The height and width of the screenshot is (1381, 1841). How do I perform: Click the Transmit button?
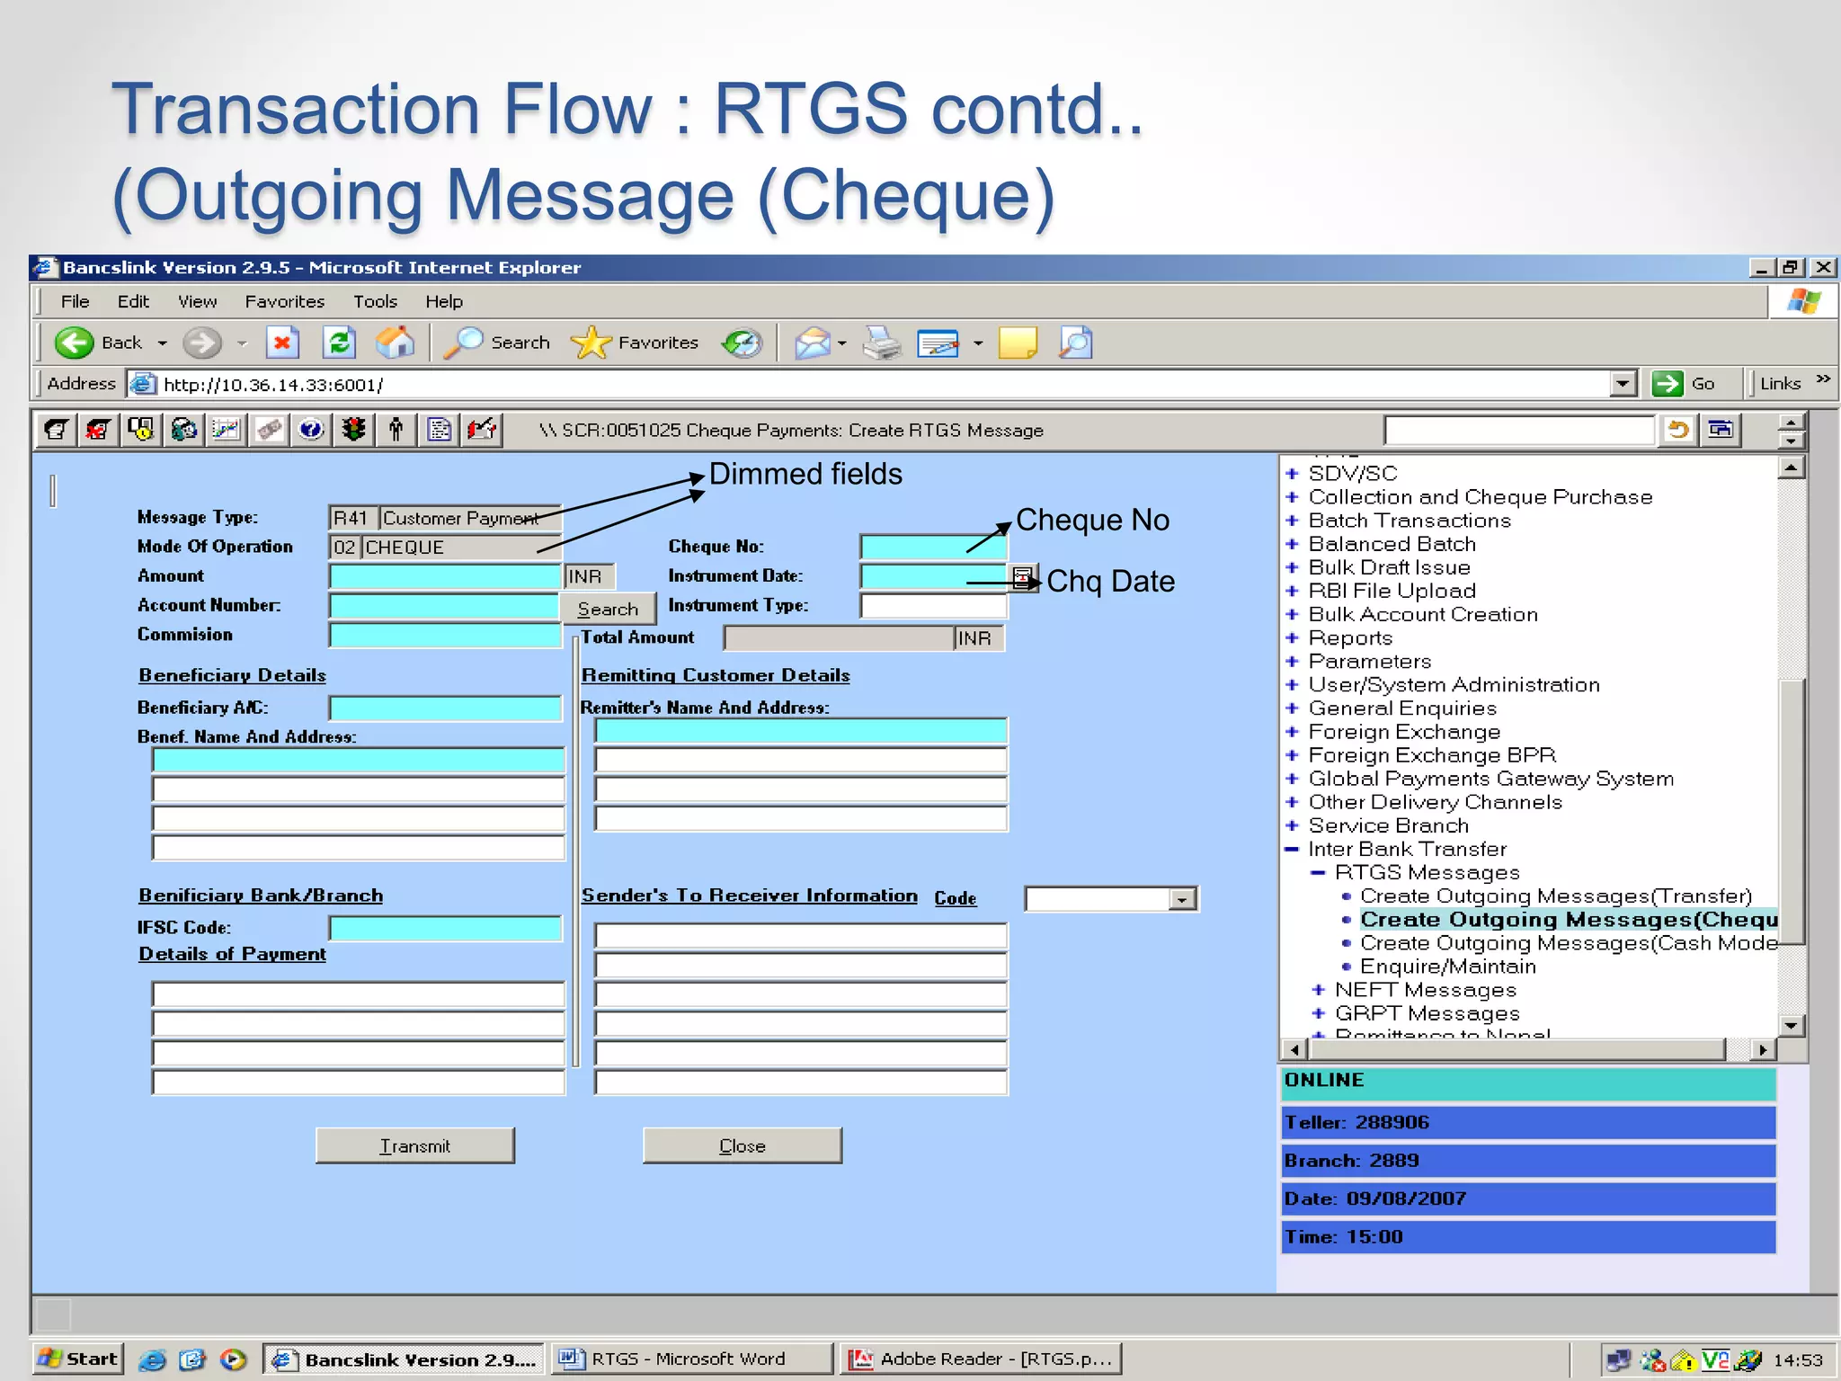pyautogui.click(x=414, y=1145)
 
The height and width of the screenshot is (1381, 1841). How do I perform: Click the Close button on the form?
pyautogui.click(x=742, y=1145)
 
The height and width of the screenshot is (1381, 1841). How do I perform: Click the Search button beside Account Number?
pyautogui.click(x=608, y=609)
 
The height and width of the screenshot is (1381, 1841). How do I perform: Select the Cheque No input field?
pyautogui.click(x=932, y=547)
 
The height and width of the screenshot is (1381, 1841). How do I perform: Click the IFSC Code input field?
pyautogui.click(x=445, y=928)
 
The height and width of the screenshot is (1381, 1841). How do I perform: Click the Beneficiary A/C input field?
pyautogui.click(x=445, y=708)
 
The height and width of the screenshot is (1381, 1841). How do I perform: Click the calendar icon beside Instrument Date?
pyautogui.click(x=1022, y=577)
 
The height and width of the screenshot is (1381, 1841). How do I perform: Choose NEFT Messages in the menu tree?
pyautogui.click(x=1425, y=990)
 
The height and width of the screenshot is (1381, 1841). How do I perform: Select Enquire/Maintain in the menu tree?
pyautogui.click(x=1447, y=967)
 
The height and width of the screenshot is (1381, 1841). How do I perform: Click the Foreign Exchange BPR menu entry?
pyautogui.click(x=1431, y=755)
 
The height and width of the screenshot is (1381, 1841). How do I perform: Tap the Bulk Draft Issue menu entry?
pyautogui.click(x=1389, y=567)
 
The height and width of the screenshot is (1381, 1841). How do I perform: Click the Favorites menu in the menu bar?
pyautogui.click(x=284, y=301)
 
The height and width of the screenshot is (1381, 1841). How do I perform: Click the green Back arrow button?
pyautogui.click(x=74, y=343)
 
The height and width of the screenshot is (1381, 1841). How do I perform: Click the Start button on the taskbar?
pyautogui.click(x=79, y=1359)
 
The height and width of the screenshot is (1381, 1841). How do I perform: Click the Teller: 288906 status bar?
pyautogui.click(x=1527, y=1122)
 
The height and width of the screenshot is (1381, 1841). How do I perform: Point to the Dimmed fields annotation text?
pyautogui.click(x=805, y=474)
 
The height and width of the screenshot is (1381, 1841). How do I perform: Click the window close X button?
pyautogui.click(x=1823, y=267)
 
